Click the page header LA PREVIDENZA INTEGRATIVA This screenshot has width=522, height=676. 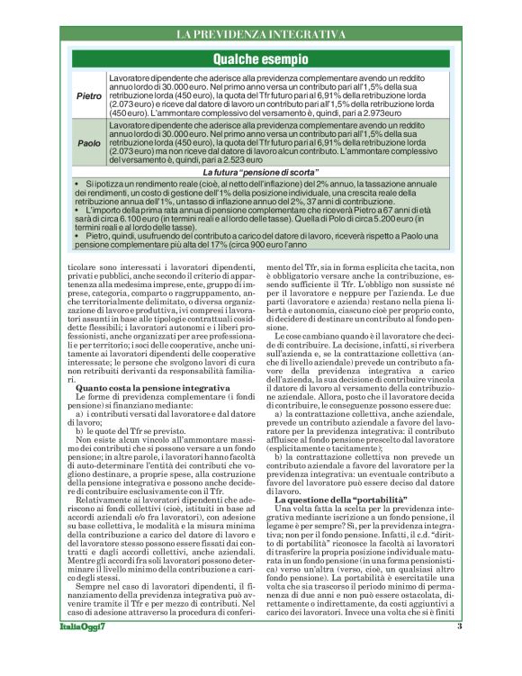[260, 34]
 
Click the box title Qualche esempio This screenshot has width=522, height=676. [260, 58]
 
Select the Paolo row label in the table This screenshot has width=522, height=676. [88, 143]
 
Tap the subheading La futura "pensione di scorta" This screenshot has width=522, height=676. [260, 171]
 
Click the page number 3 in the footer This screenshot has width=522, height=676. [459, 652]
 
